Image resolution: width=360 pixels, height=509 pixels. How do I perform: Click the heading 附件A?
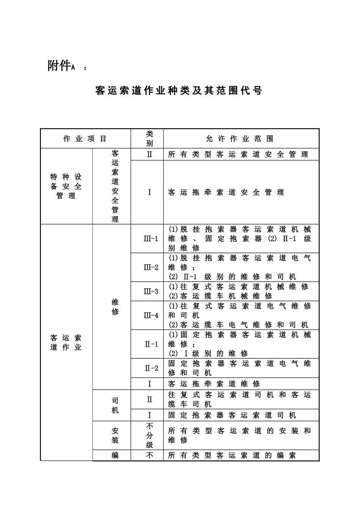click(62, 66)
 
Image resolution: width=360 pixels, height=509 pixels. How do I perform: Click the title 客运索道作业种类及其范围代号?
click(179, 91)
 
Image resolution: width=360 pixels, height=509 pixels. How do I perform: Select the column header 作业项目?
click(85, 139)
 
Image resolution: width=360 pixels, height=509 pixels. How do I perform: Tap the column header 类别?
click(150, 139)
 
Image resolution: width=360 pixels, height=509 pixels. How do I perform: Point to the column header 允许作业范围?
click(239, 139)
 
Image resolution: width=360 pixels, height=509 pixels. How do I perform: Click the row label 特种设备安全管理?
click(66, 186)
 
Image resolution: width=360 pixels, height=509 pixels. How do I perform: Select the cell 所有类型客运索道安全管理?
click(238, 155)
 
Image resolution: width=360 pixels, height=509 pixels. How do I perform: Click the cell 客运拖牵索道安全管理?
click(226, 192)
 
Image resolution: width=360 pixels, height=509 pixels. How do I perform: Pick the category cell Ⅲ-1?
click(151, 239)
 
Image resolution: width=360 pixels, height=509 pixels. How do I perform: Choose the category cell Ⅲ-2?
click(151, 267)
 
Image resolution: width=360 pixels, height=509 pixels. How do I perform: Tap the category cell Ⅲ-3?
click(151, 291)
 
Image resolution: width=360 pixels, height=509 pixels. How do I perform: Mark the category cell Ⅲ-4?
click(151, 315)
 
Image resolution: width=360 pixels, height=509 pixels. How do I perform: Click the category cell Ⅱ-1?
click(151, 344)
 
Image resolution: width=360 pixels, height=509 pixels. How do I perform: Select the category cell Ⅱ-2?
click(151, 368)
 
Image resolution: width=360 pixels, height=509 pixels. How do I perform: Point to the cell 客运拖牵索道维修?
click(214, 384)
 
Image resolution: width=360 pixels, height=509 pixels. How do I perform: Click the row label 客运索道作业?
click(66, 342)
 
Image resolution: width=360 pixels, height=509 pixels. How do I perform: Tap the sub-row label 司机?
click(115, 405)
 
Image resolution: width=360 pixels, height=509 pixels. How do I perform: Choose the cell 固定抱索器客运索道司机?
click(232, 415)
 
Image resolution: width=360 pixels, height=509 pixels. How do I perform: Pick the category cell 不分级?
click(150, 435)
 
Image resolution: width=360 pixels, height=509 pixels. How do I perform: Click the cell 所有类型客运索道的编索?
click(232, 456)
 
